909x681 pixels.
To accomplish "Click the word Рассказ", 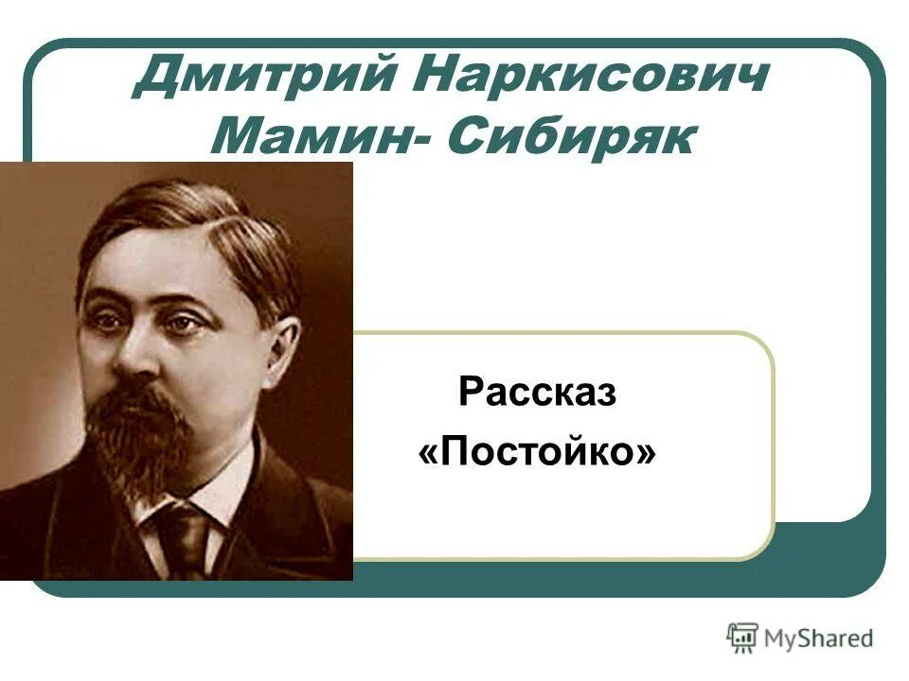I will (x=537, y=393).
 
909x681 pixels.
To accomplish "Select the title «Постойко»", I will (x=537, y=452).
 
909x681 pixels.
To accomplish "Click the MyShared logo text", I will (x=818, y=638).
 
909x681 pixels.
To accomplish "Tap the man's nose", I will (x=137, y=355).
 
